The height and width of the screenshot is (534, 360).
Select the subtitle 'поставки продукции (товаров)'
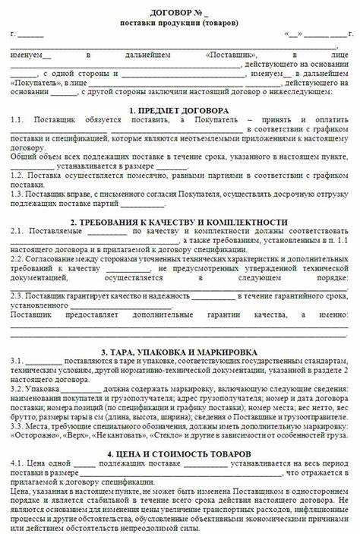(x=179, y=23)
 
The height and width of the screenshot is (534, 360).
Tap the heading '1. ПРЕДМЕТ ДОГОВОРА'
(x=179, y=110)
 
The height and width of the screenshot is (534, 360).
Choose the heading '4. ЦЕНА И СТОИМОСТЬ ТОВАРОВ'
(x=179, y=453)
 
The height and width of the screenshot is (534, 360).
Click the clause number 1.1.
(x=17, y=121)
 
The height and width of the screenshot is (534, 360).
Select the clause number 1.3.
(x=17, y=193)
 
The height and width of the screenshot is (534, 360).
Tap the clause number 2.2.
(x=17, y=259)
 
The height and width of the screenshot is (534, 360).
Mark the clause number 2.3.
(x=17, y=297)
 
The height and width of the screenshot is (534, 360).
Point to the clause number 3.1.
(x=17, y=362)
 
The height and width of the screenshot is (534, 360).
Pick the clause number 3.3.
(x=17, y=425)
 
